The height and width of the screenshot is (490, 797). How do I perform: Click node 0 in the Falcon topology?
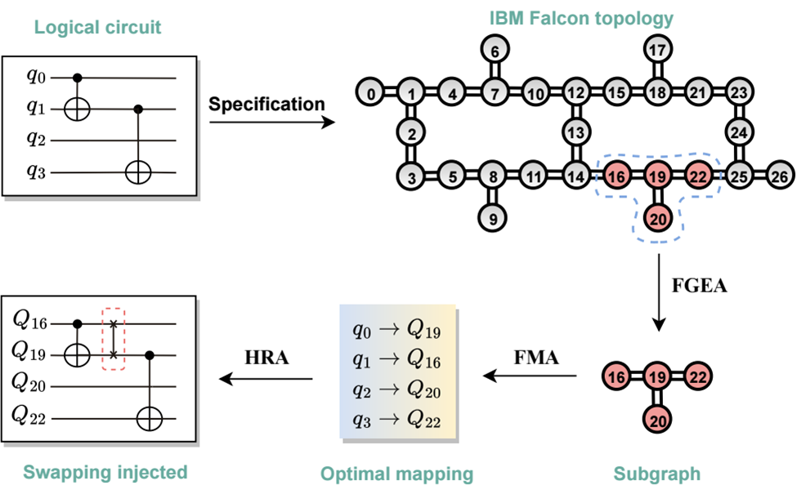click(371, 94)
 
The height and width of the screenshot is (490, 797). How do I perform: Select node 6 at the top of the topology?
click(493, 51)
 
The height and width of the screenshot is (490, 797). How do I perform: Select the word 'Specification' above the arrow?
click(266, 105)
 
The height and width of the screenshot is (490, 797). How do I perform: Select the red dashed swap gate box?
click(114, 338)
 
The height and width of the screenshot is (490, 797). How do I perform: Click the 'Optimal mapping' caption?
click(396, 474)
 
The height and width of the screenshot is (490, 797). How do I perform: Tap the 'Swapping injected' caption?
click(105, 472)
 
